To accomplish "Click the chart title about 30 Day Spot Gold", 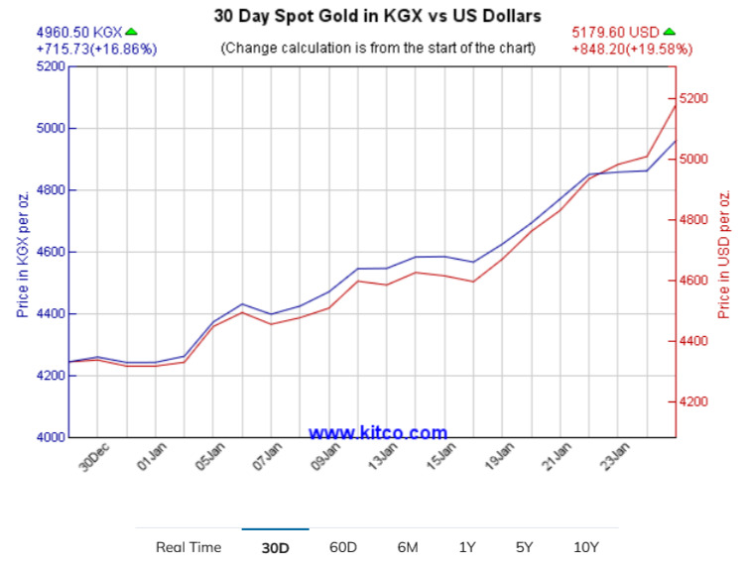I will coord(378,16).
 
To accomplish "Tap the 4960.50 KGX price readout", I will coord(78,32).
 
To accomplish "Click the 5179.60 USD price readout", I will coord(616,32).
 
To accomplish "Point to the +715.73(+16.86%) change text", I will coord(96,49).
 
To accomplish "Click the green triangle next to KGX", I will coord(132,32).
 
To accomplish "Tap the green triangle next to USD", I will coord(669,32).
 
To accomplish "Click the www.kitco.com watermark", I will coord(378,432).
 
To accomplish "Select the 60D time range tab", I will coord(343,547).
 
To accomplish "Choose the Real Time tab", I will coord(188,547).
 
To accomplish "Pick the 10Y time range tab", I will coord(585,547).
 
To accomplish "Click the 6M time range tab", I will coord(407,547).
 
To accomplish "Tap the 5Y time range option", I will coord(524,547).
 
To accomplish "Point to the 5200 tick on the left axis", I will coord(51,66).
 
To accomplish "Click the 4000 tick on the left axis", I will coord(51,437).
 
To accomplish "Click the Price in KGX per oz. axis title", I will coord(22,253).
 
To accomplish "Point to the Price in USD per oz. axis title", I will coord(724,253).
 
